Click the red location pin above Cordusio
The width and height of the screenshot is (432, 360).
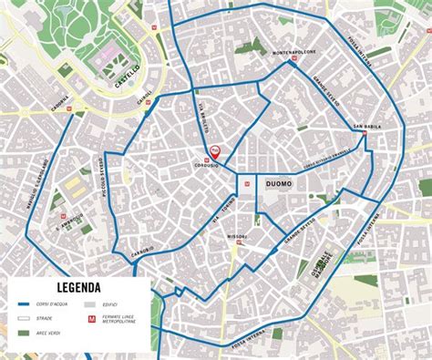pyautogui.click(x=214, y=150)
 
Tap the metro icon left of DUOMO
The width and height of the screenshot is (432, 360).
pyautogui.click(x=247, y=182)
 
